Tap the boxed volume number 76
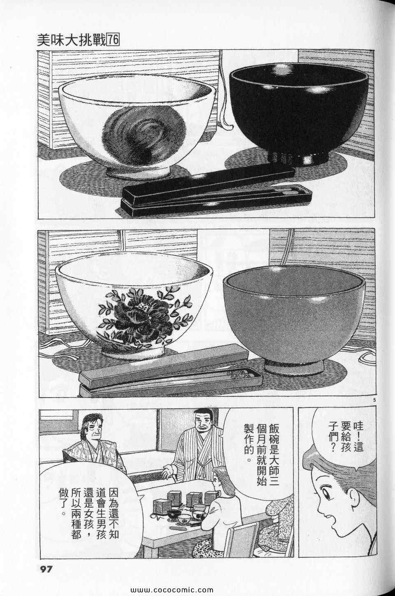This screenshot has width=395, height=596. [113, 41]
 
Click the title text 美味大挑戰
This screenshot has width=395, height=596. [72, 41]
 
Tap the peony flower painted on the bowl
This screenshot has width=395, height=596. [144, 314]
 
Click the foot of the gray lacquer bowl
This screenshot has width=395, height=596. [294, 366]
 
